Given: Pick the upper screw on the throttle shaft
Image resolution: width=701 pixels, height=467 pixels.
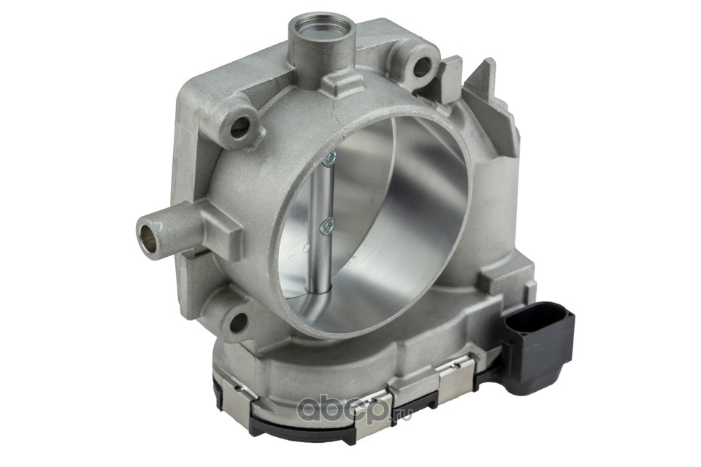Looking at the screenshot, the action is [x=330, y=158].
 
